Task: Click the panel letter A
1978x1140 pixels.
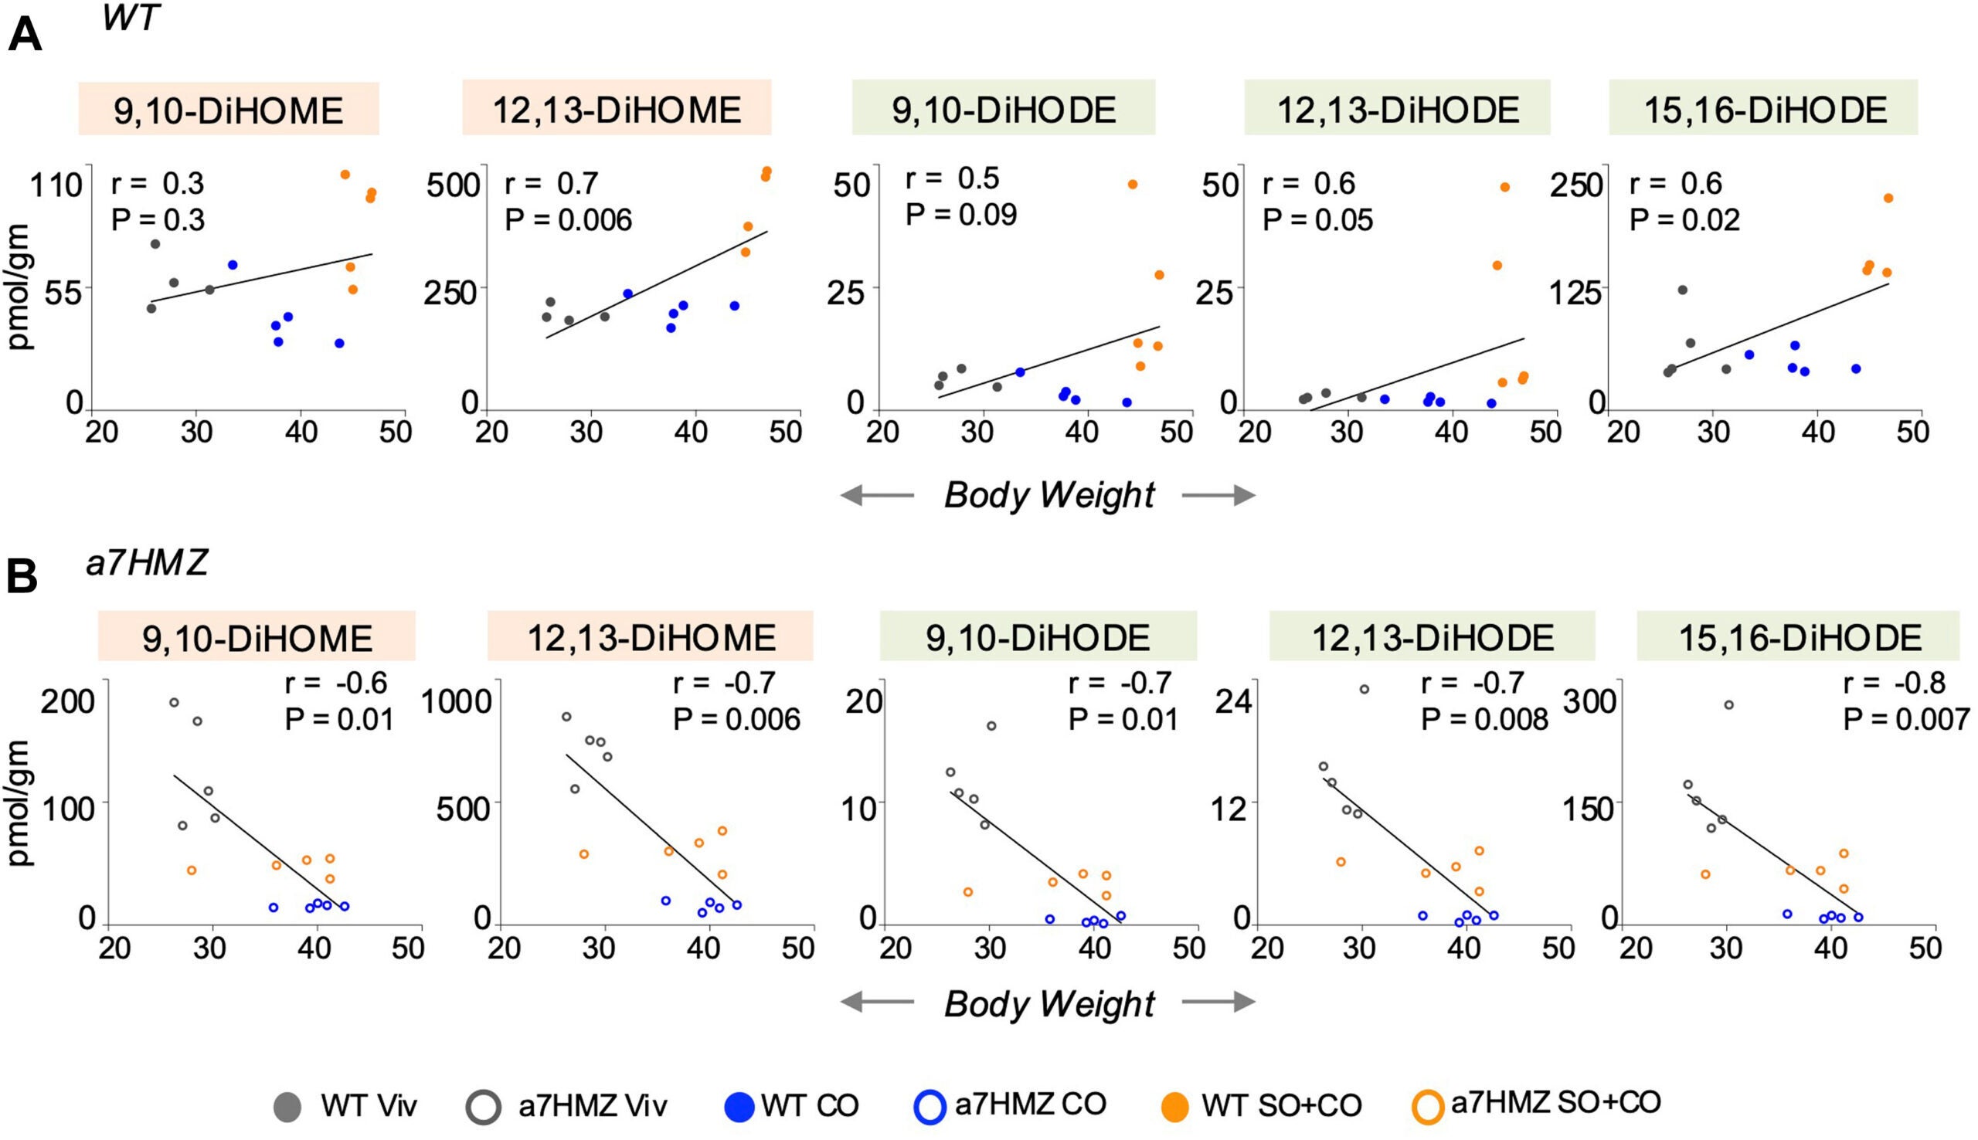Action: point(24,36)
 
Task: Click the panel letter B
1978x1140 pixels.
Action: point(22,578)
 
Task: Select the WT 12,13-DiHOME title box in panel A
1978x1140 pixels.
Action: point(617,109)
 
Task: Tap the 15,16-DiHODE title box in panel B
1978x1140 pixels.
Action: point(1799,637)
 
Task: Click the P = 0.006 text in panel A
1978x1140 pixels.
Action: point(568,220)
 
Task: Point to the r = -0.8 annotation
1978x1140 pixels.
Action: point(1894,683)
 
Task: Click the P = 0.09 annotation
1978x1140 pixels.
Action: point(961,214)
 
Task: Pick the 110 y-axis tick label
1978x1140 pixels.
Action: point(56,185)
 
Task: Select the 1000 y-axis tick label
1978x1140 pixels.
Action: point(457,701)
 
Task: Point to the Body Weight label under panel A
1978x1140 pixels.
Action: point(1049,495)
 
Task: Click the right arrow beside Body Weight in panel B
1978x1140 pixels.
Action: point(1218,1003)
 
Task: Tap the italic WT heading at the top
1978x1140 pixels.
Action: point(130,17)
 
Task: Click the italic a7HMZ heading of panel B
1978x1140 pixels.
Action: point(148,563)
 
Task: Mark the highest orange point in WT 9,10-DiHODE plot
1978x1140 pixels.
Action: point(1132,185)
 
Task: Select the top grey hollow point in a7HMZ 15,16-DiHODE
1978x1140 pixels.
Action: point(1729,705)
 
